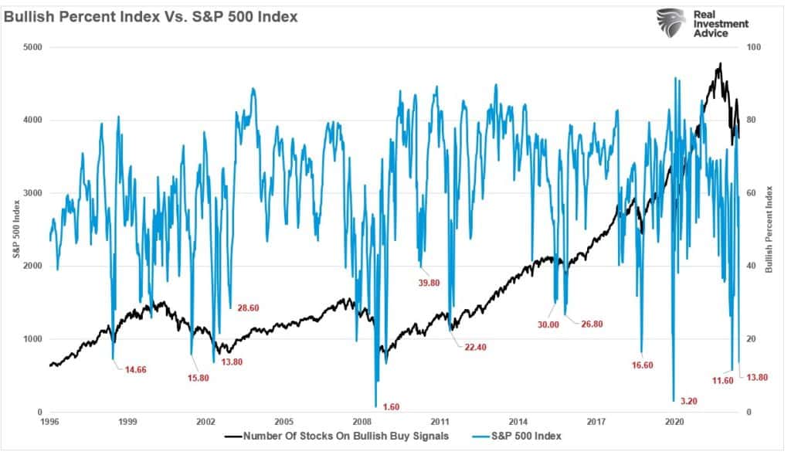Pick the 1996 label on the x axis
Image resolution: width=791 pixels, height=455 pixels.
pyautogui.click(x=49, y=423)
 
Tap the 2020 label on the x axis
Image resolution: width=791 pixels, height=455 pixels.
pyautogui.click(x=674, y=423)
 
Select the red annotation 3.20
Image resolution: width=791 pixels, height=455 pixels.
pyautogui.click(x=688, y=402)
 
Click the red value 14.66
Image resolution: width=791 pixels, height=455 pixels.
pyautogui.click(x=134, y=369)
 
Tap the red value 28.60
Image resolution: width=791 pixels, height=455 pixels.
pyautogui.click(x=247, y=307)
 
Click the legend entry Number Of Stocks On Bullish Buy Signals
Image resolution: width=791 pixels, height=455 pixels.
pyautogui.click(x=341, y=436)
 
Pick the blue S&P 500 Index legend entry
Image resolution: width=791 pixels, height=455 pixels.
pyautogui.click(x=525, y=436)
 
